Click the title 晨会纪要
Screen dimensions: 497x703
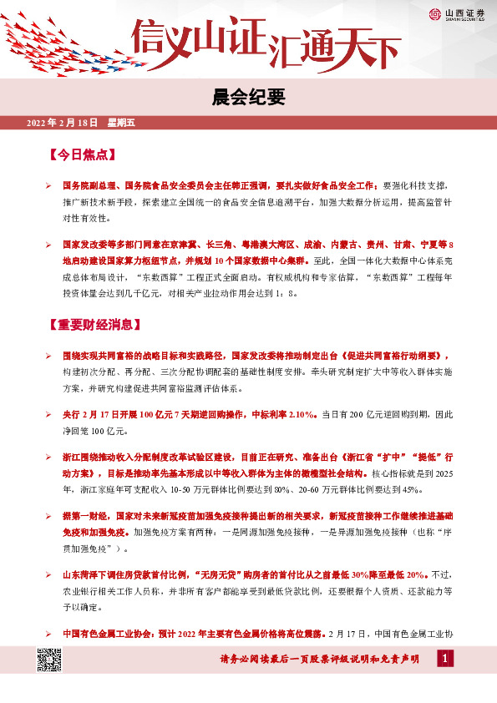(248, 99)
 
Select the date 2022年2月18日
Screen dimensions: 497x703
(63, 124)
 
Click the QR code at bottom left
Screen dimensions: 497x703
(51, 664)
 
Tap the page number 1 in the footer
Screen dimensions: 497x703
(445, 660)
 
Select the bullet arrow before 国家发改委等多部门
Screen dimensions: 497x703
(49, 247)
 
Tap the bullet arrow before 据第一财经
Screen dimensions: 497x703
(49, 516)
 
